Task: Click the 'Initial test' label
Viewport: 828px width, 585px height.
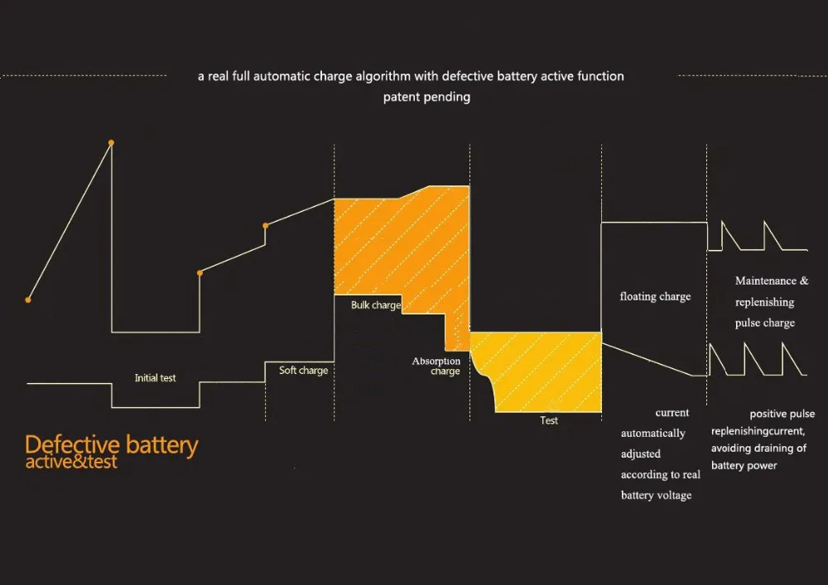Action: tap(156, 378)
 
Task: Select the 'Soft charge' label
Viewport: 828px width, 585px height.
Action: tap(303, 371)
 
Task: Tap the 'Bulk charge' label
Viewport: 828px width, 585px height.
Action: tap(376, 305)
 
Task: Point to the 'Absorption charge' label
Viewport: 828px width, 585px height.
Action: tap(436, 367)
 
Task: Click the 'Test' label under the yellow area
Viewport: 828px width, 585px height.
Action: tap(549, 420)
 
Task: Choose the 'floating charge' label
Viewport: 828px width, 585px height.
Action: tap(655, 296)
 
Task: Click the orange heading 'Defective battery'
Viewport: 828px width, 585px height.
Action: tap(112, 445)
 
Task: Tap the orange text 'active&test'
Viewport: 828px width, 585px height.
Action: tap(71, 462)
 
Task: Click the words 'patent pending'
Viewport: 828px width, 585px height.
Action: tap(426, 97)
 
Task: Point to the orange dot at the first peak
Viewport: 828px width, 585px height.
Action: tap(111, 142)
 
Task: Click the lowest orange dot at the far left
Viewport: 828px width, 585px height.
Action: tap(28, 300)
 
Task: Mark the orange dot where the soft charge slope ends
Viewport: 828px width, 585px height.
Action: tap(265, 225)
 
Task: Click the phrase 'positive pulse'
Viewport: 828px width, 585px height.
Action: tap(782, 414)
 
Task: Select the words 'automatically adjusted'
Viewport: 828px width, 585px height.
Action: tap(653, 444)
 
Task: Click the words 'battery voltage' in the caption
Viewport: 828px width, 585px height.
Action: tap(657, 495)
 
